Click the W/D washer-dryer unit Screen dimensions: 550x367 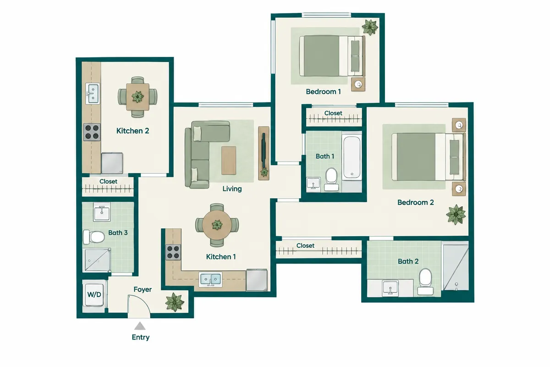pos(94,295)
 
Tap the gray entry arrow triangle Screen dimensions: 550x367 pos(140,326)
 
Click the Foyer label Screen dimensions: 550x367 pos(143,289)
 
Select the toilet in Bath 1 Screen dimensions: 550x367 pos(331,179)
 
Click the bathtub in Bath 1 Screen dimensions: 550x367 pos(352,158)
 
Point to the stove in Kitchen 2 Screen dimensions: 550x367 pos(92,132)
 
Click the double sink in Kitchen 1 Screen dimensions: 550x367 pos(211,279)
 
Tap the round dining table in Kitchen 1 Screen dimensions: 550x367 pos(217,225)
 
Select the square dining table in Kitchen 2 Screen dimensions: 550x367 pos(137,97)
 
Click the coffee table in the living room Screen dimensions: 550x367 pos(229,161)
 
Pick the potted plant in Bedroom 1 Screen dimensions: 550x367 pos(369,27)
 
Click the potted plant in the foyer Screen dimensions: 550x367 pos(175,302)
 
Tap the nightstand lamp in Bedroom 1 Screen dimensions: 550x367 pos(358,84)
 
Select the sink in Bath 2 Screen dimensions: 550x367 pos(390,288)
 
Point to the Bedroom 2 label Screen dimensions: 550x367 pos(415,202)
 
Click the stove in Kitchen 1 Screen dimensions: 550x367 pos(173,252)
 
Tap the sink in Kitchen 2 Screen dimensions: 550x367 pos(92,94)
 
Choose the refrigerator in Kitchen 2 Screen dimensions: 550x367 pos(112,163)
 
